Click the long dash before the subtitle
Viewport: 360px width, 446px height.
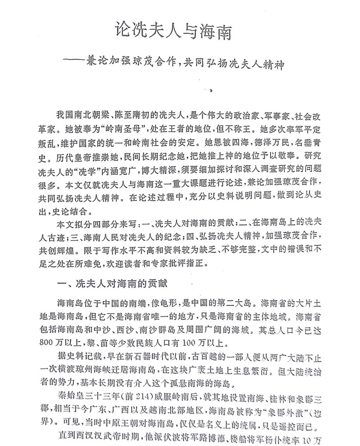pos(81,67)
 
